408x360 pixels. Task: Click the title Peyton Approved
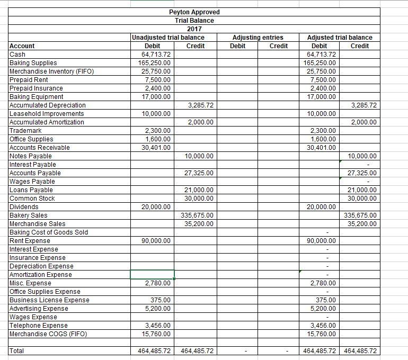coord(194,12)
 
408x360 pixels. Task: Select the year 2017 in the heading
coord(194,29)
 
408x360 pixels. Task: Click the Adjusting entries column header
coord(258,37)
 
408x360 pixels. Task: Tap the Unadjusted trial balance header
coord(167,37)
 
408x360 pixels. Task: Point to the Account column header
coord(22,46)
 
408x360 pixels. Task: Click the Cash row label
coord(18,55)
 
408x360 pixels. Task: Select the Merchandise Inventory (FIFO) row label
coord(51,71)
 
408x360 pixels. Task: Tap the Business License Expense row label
coord(50,300)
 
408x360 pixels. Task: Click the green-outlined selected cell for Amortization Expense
coord(153,274)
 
